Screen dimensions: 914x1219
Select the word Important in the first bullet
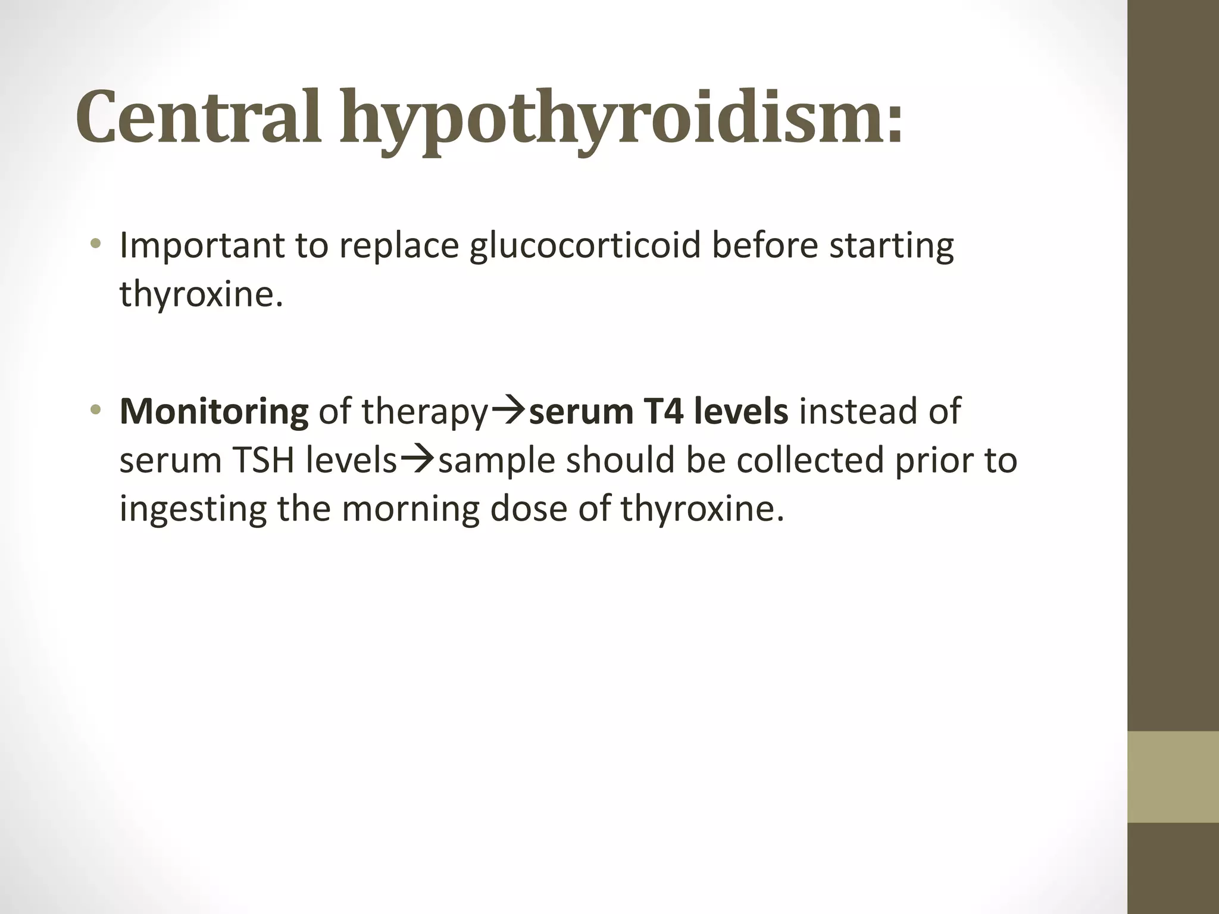(202, 246)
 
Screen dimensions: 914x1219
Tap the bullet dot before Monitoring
(95, 411)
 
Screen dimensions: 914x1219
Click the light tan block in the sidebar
(1173, 777)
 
